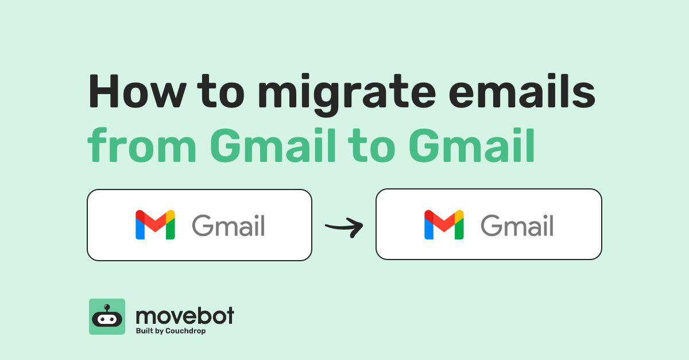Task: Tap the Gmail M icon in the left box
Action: click(155, 225)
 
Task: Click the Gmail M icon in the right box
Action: click(444, 225)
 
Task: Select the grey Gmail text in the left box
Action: click(229, 226)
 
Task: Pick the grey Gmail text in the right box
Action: click(517, 226)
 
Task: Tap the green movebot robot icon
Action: click(107, 316)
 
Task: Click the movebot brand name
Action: click(185, 315)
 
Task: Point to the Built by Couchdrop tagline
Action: click(171, 331)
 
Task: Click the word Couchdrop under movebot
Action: click(185, 331)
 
